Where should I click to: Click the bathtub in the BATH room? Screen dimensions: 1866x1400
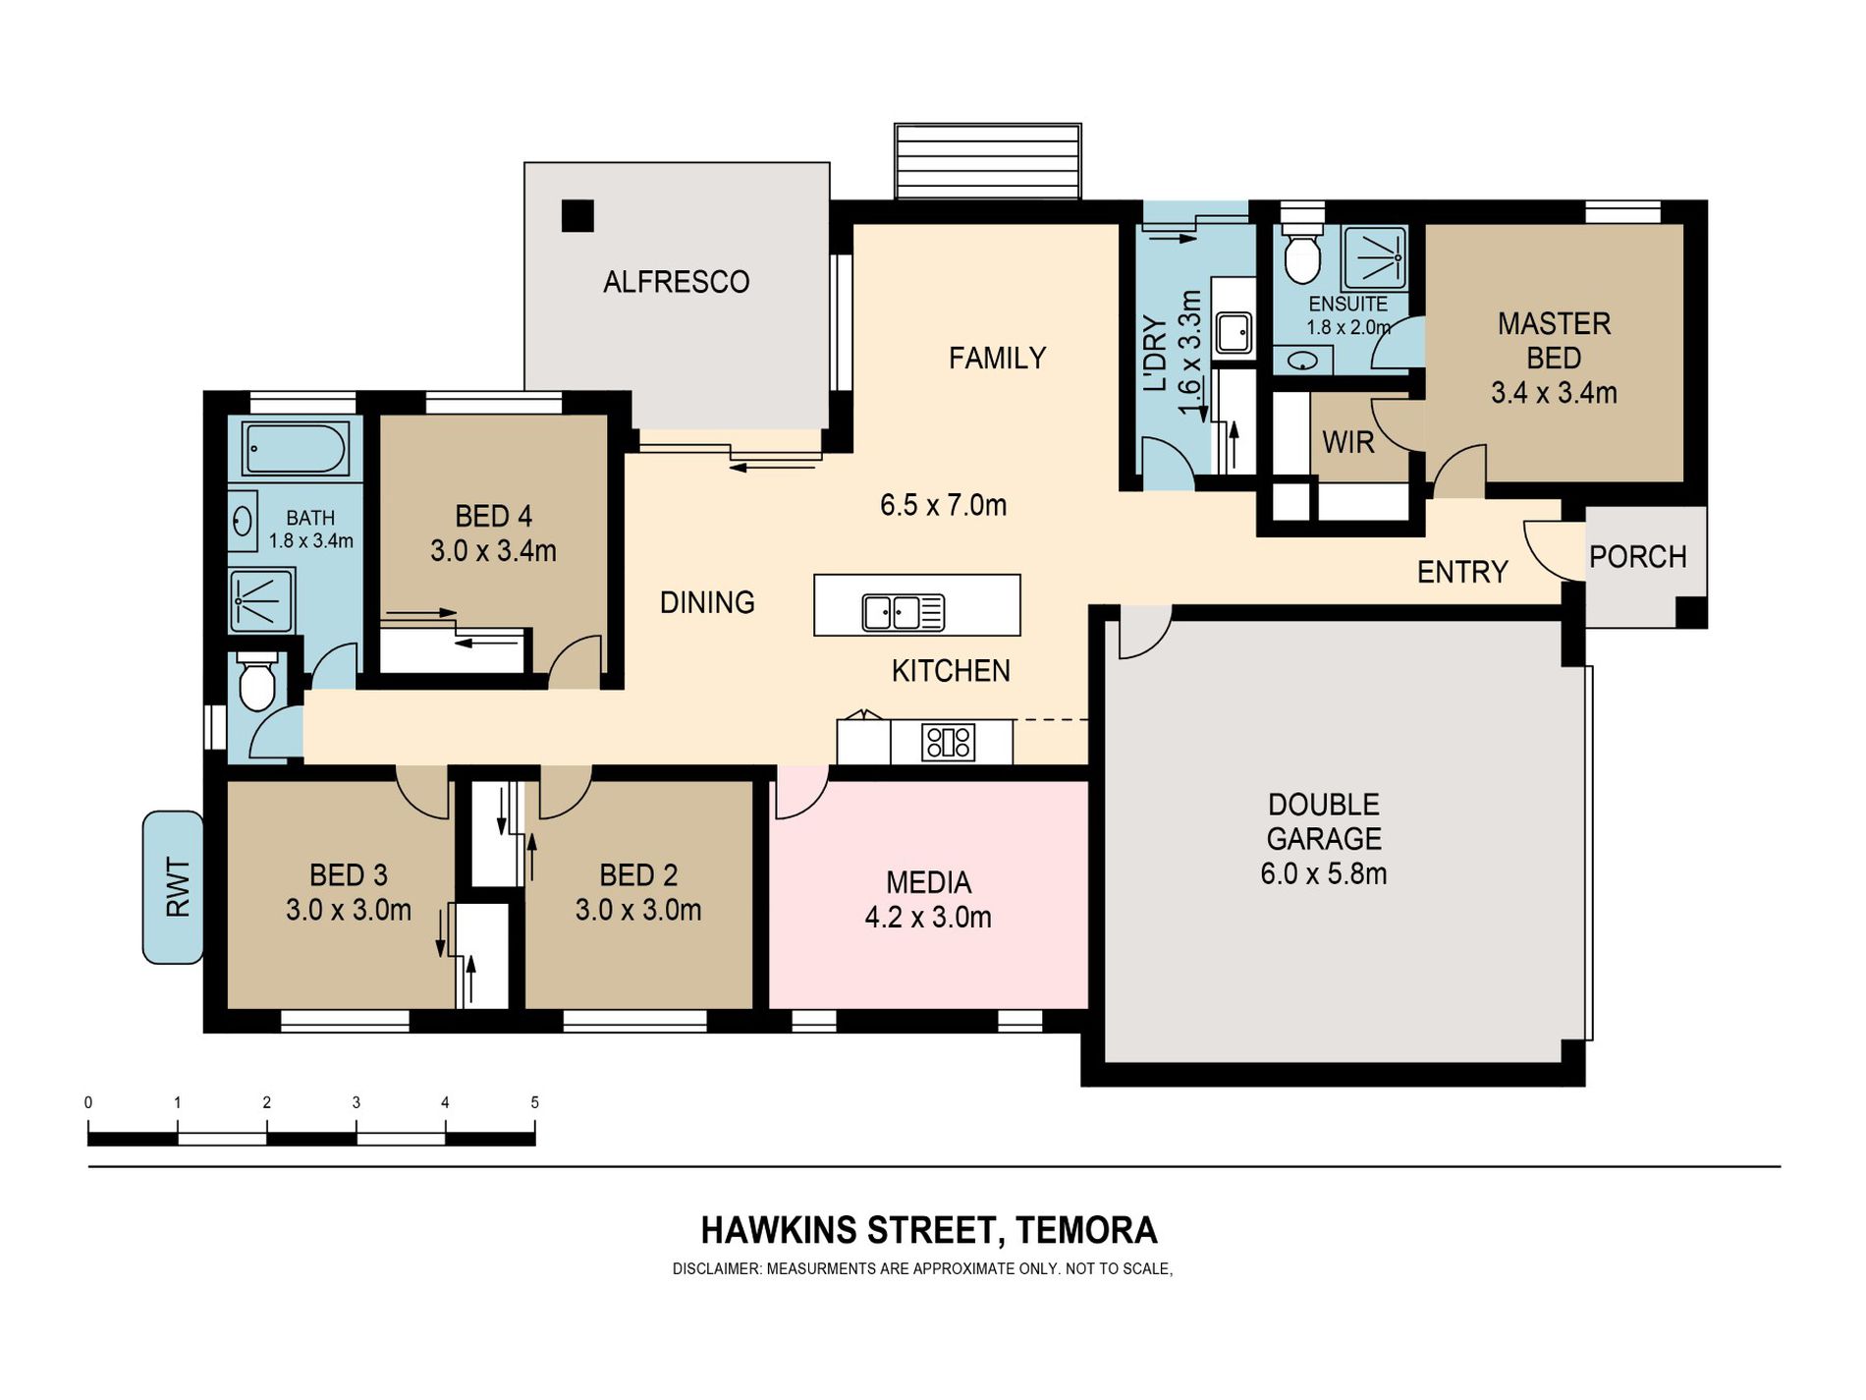[x=295, y=449]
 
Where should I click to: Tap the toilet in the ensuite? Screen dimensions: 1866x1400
[x=1302, y=252]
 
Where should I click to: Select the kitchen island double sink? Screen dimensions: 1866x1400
[x=904, y=611]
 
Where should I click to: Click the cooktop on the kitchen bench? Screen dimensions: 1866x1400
[x=948, y=742]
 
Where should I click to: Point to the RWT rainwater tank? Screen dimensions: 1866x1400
[x=174, y=887]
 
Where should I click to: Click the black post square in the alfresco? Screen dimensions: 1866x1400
[x=577, y=216]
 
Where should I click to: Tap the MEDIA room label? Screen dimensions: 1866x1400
[x=929, y=882]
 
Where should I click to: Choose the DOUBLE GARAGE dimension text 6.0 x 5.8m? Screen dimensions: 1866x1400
[x=1324, y=873]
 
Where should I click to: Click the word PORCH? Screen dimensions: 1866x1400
[x=1638, y=557]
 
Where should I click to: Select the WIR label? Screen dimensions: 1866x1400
[x=1348, y=443]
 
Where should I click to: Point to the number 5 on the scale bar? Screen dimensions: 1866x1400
[x=535, y=1102]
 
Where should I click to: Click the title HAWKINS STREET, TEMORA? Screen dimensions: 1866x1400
[x=929, y=1230]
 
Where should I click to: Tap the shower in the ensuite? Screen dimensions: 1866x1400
[x=1375, y=257]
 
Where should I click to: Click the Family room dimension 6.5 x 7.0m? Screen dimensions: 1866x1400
[x=943, y=505]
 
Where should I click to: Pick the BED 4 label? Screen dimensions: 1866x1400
[x=493, y=516]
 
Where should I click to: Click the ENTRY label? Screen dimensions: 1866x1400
[x=1462, y=572]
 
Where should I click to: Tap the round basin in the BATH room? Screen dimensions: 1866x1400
[x=243, y=521]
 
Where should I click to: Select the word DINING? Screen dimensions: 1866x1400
[x=707, y=602]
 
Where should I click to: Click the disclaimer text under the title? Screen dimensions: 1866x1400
[x=923, y=1269]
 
